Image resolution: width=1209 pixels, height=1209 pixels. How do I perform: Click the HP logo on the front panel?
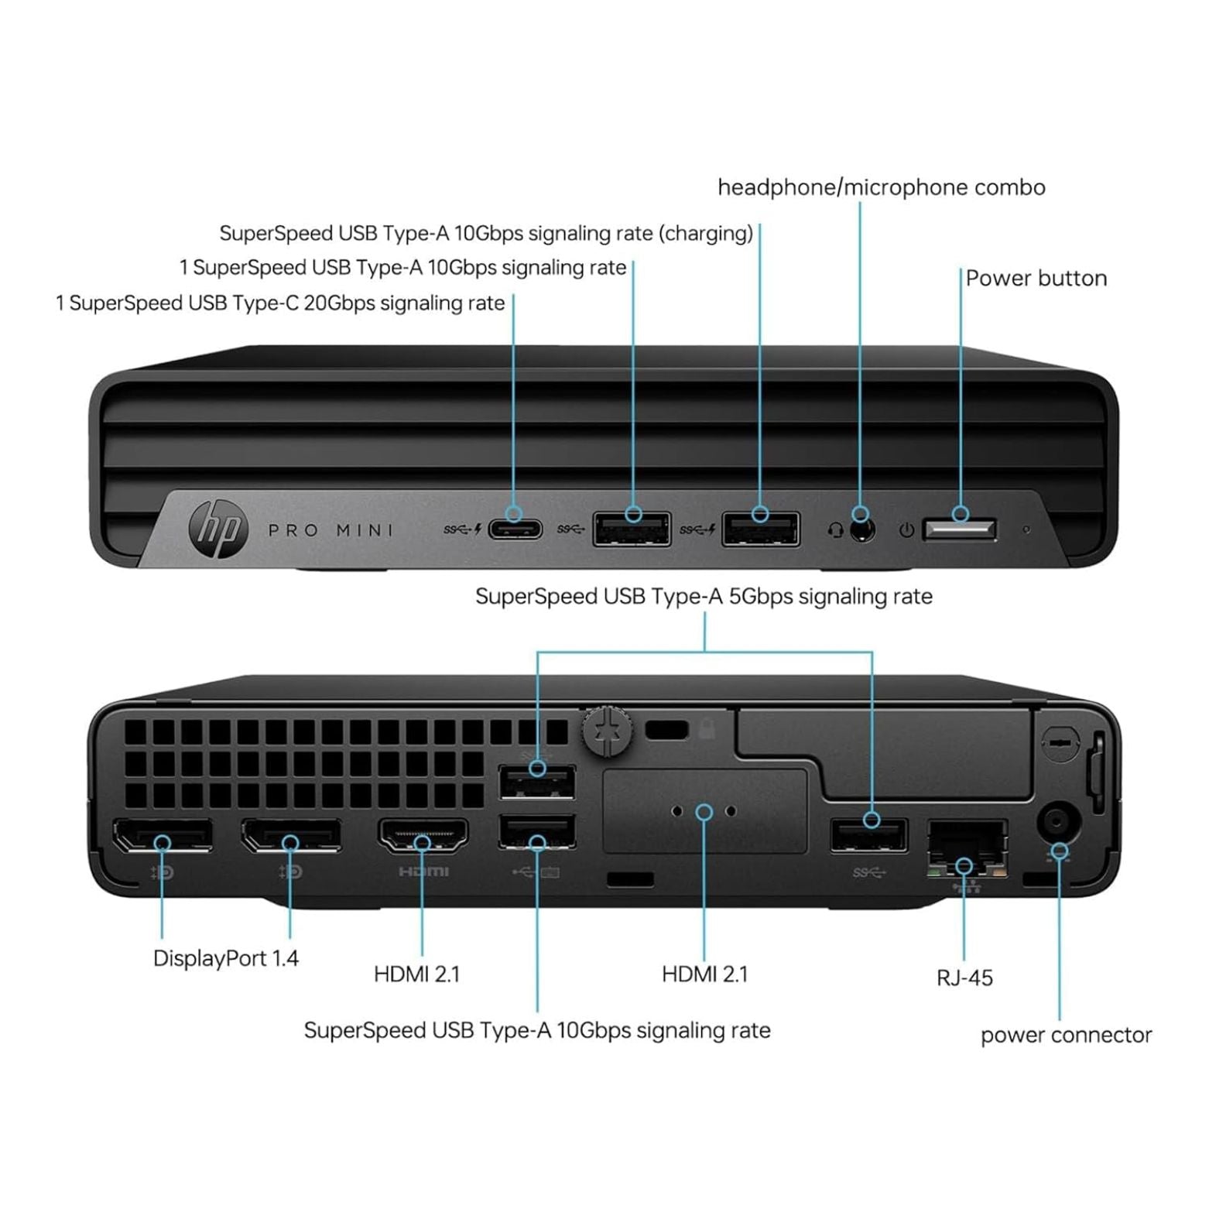(217, 529)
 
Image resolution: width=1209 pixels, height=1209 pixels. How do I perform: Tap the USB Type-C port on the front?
(515, 530)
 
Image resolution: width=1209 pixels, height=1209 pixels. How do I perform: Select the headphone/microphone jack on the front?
(861, 531)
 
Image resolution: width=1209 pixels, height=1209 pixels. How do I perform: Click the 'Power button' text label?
(1036, 279)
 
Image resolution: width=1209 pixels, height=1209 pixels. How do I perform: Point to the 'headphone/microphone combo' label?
(881, 188)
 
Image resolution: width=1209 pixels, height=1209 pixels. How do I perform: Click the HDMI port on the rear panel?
(423, 836)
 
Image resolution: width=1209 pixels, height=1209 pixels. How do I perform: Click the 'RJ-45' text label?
(964, 978)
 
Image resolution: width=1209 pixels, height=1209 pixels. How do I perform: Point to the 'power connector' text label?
(1066, 1036)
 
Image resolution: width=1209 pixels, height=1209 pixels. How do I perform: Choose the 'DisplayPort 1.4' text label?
(225, 959)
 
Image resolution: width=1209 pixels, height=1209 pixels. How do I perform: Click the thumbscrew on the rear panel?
(607, 729)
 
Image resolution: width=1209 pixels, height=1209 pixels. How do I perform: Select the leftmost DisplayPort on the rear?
(163, 836)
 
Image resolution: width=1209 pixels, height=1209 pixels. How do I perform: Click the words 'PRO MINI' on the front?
(331, 531)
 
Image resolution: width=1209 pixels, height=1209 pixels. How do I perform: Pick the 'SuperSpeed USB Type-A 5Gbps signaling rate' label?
(704, 597)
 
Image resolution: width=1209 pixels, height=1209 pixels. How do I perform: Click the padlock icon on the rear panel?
(706, 728)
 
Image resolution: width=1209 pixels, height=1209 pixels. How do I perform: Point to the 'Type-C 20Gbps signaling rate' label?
(279, 303)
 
